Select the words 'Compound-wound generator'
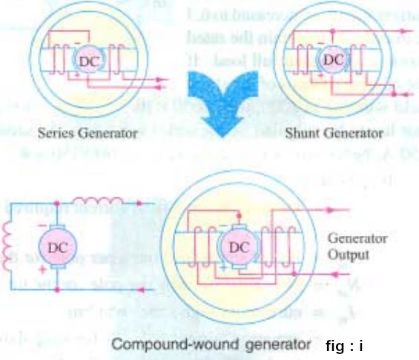pyautogui.click(x=205, y=345)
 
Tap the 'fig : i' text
pyautogui.click(x=346, y=345)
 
